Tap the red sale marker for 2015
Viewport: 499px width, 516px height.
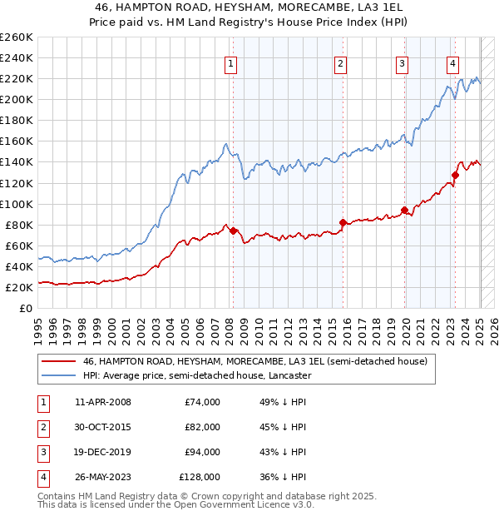coord(343,222)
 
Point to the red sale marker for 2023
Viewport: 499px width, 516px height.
coord(455,175)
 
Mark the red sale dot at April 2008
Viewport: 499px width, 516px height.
coord(233,231)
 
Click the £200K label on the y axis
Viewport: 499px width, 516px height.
coord(16,100)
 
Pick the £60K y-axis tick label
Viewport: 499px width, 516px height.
coord(19,246)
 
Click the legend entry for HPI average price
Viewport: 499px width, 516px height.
coord(197,375)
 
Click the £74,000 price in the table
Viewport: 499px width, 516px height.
coord(202,402)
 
